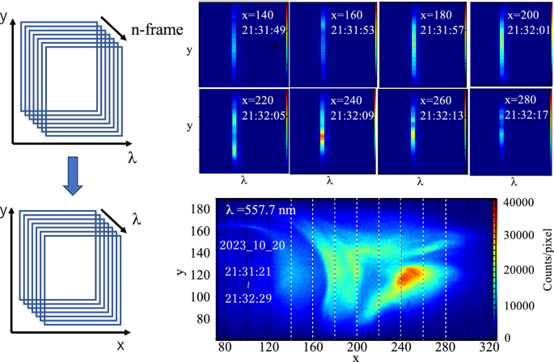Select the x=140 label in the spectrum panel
pos(257,15)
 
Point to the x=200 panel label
pos(527,15)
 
